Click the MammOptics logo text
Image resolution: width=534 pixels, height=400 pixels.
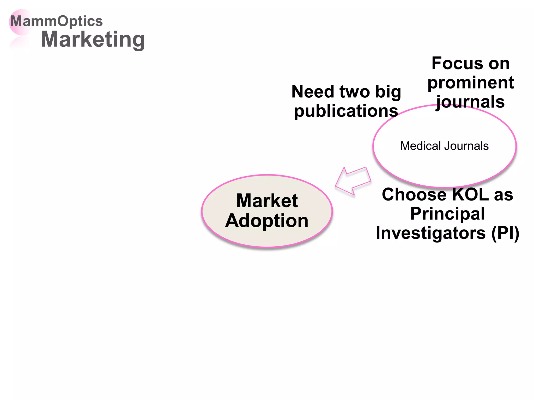coord(56,21)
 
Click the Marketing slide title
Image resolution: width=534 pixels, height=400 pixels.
coord(93,39)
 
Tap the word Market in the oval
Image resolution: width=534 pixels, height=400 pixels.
coord(267,201)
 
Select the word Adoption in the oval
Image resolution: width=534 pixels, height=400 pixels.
coord(267,221)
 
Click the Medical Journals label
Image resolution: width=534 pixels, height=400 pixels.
coord(444,146)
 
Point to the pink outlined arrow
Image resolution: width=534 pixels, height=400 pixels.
coord(353,181)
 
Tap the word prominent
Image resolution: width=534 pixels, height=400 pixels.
coord(471,83)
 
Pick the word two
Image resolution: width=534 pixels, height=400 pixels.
coord(354,92)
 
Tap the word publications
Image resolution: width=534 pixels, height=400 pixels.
coord(346,111)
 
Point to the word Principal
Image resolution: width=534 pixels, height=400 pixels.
coord(447,214)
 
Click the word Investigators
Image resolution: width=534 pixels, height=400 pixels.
coord(430,233)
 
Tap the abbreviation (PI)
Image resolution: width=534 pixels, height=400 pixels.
coord(505,233)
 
